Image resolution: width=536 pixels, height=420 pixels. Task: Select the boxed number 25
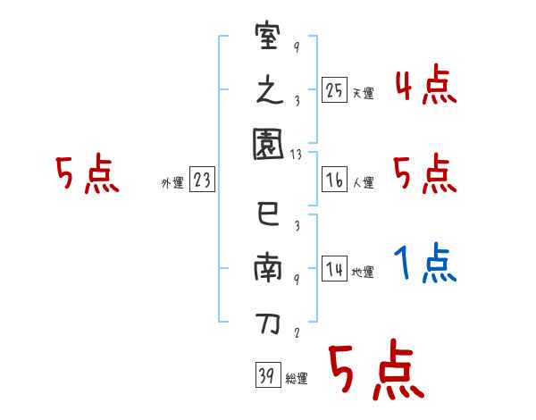point(335,90)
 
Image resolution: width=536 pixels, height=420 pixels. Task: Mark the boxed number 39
point(266,376)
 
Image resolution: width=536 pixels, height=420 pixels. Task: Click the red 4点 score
point(425,87)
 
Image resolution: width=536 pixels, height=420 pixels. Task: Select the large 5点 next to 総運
point(375,371)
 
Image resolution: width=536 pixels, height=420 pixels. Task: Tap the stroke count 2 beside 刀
point(296,332)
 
